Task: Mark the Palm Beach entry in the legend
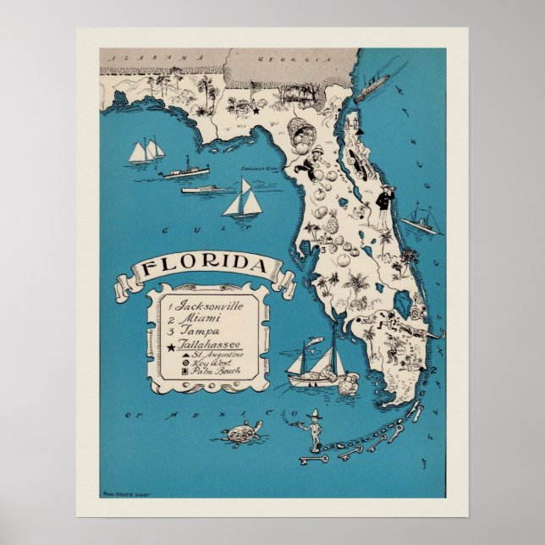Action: [212, 372]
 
